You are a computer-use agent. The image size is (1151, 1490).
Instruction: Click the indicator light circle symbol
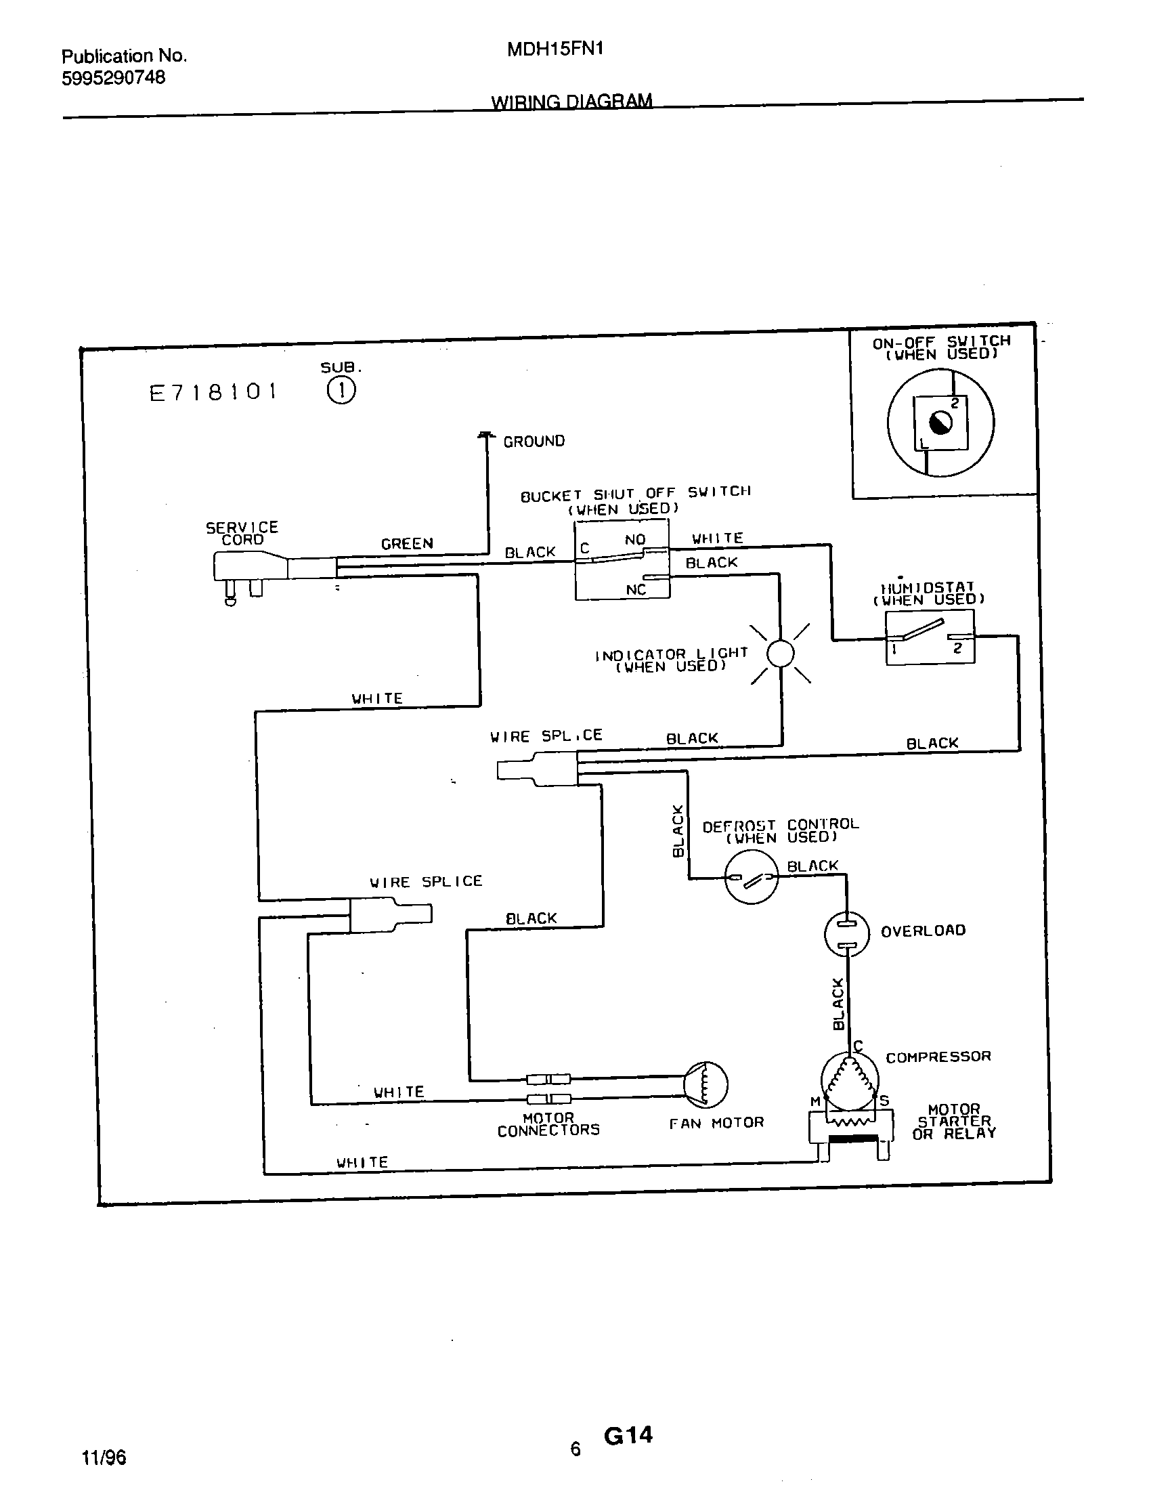(x=781, y=654)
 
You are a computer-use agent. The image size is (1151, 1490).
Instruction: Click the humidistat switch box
(x=930, y=637)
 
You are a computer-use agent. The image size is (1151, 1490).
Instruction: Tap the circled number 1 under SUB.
(x=341, y=391)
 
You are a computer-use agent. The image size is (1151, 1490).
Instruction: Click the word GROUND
(x=534, y=442)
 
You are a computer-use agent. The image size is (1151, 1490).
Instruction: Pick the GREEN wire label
(x=407, y=544)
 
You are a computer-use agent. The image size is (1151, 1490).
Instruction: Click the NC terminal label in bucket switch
(x=636, y=589)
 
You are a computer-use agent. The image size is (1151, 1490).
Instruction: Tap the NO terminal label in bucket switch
(x=635, y=540)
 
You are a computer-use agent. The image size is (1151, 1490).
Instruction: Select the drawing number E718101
(x=213, y=393)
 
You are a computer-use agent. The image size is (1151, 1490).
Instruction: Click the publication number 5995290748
(x=114, y=78)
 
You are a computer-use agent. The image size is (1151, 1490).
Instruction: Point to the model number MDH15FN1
(x=555, y=49)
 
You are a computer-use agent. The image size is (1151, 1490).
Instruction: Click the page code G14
(x=628, y=1435)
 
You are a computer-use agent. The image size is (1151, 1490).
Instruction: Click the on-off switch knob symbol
(x=940, y=423)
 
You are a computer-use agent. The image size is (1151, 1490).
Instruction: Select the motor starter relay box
(x=850, y=1129)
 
